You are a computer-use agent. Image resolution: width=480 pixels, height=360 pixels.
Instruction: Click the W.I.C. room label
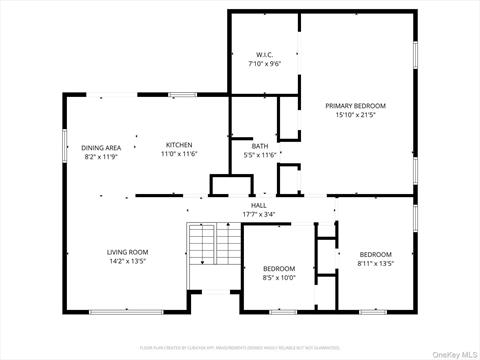coord(264,54)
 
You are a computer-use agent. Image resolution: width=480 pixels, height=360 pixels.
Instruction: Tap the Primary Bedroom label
coord(355,105)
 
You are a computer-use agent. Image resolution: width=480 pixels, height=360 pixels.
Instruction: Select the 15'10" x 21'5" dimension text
coord(355,115)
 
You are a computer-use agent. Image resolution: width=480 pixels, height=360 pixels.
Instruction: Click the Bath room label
coord(259,146)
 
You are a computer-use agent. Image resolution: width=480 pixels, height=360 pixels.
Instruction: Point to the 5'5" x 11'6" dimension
coord(259,155)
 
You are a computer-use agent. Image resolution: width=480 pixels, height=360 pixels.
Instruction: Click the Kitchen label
coord(179,145)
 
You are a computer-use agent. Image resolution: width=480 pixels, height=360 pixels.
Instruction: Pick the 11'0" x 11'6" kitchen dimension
coord(179,154)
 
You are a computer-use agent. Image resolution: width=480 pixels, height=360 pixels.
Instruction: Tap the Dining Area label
coord(101,147)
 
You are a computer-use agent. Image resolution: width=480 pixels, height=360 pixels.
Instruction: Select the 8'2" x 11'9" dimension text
coord(101,156)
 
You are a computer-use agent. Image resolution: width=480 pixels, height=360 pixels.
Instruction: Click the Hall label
coord(258,205)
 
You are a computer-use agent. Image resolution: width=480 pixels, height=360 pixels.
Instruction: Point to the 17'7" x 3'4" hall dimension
coord(258,214)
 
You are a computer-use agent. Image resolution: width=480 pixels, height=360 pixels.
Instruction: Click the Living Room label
coord(128,252)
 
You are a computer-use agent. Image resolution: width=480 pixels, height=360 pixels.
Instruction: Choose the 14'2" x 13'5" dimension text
coord(128,261)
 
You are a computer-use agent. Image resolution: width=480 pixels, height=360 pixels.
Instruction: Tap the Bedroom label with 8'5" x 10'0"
coord(279,268)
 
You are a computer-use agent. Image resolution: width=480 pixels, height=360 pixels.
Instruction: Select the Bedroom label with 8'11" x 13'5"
coord(376,254)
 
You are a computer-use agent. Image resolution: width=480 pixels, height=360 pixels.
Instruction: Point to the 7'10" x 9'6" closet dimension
coord(264,63)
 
